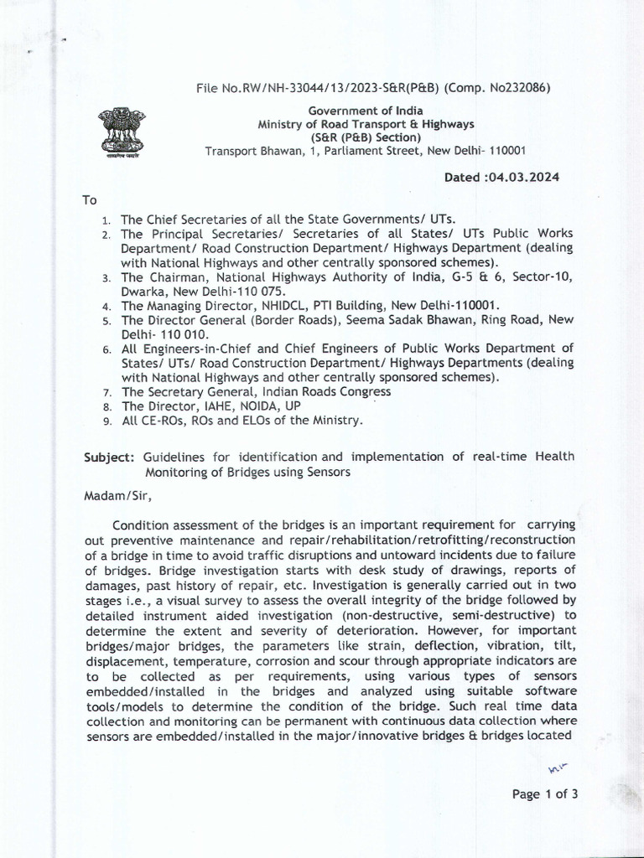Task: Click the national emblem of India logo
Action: click(121, 132)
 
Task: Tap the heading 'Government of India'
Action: click(366, 111)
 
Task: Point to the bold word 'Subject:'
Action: click(109, 457)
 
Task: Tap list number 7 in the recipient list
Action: click(106, 392)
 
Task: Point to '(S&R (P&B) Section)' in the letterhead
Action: click(366, 137)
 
